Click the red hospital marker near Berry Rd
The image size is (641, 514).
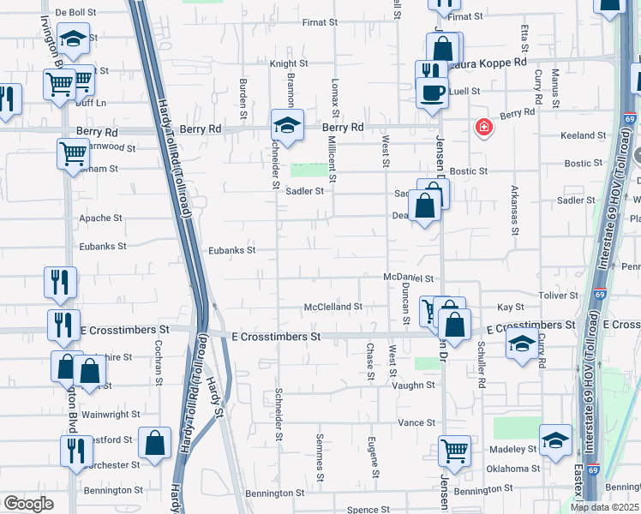coord(484,128)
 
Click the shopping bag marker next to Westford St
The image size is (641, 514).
coord(154,443)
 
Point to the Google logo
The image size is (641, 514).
coord(28,503)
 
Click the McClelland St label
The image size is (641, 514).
coord(333,307)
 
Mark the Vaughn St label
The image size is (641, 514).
coord(414,385)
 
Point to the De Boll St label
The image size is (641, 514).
coord(77,13)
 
